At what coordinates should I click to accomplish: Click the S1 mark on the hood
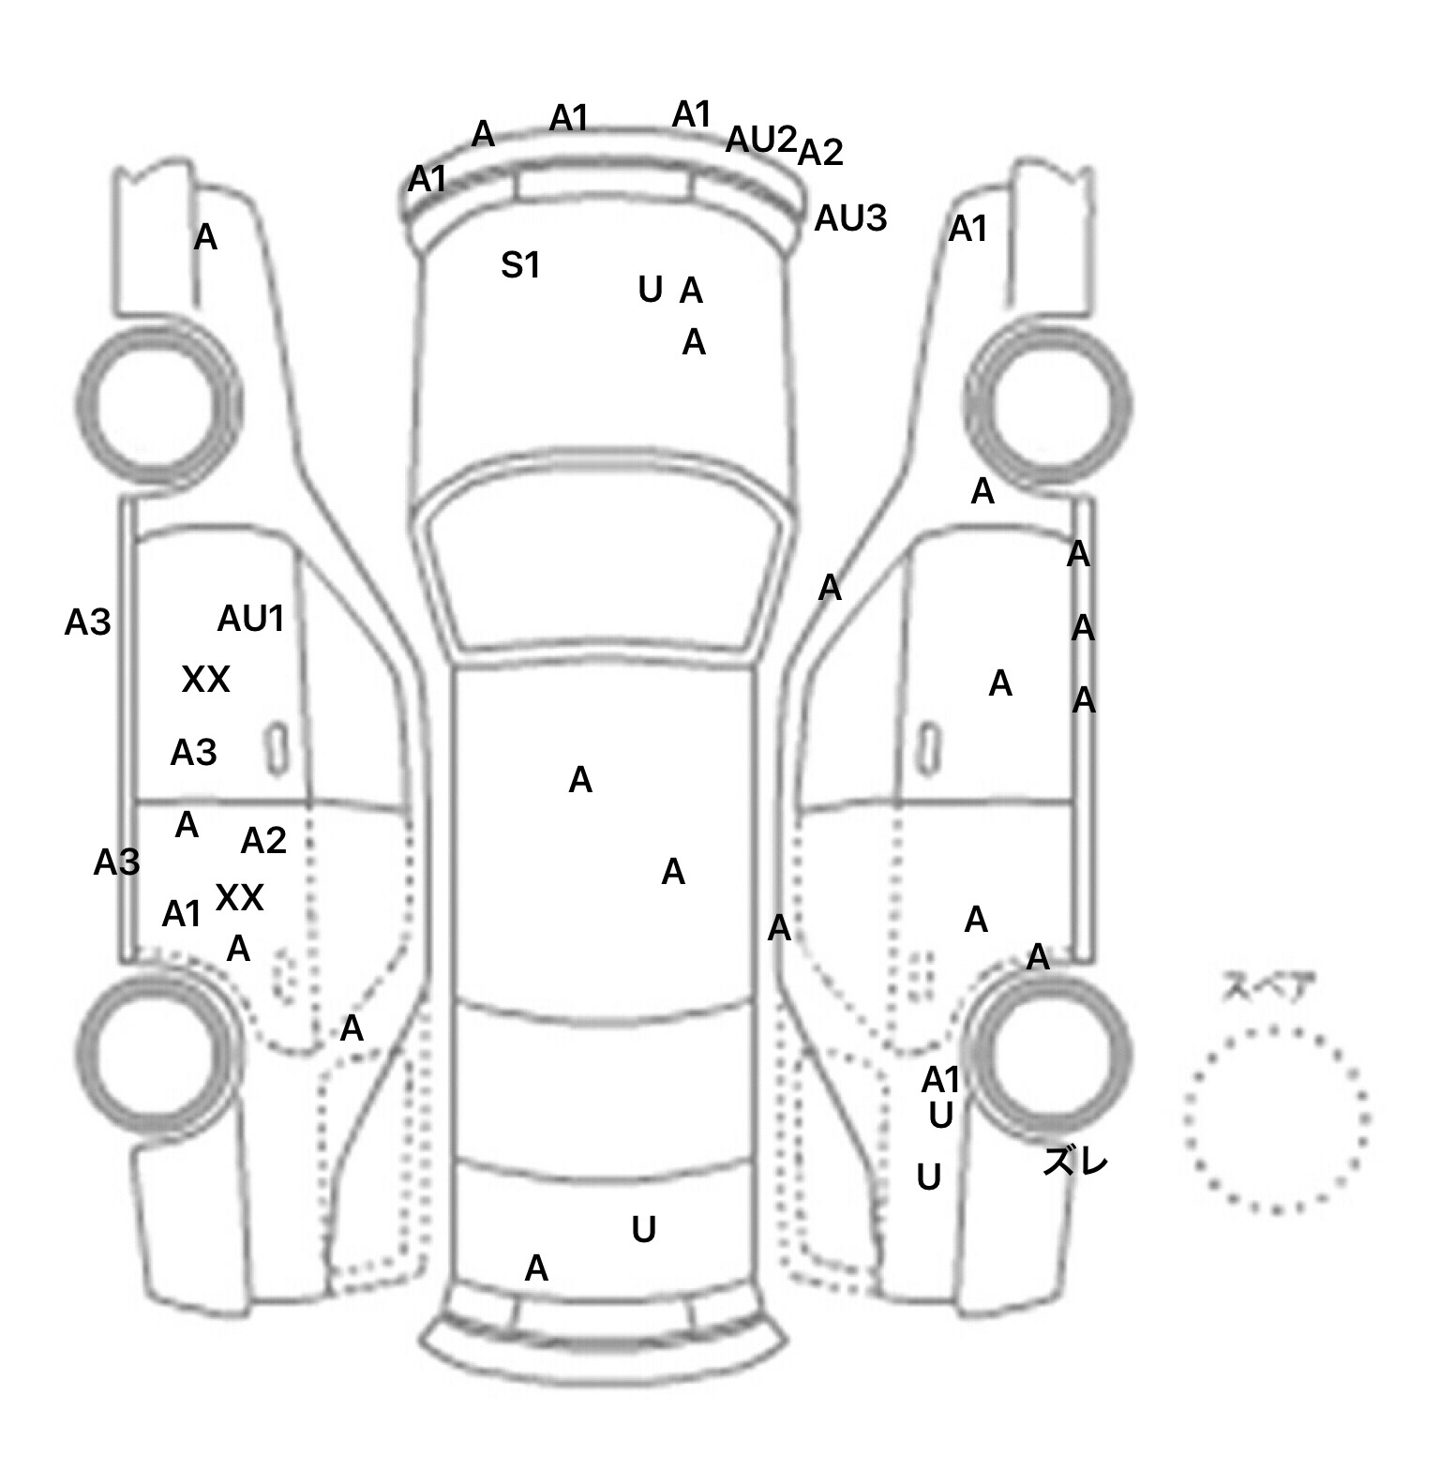520,265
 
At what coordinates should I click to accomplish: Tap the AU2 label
760,140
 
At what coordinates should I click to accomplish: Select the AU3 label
849,218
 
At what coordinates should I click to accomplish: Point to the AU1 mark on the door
250,618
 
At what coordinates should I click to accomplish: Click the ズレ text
1075,1162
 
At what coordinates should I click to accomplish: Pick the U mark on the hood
649,291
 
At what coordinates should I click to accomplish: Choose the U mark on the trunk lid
643,1229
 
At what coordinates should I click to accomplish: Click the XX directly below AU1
205,679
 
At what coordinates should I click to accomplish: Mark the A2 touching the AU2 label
820,152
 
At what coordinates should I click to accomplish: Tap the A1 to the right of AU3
967,229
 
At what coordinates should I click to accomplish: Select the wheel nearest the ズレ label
1050,1050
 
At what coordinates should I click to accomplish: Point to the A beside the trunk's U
535,1268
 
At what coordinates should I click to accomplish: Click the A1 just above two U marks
940,1080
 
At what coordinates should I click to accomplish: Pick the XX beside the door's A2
239,898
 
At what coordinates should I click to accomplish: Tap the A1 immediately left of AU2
692,115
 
